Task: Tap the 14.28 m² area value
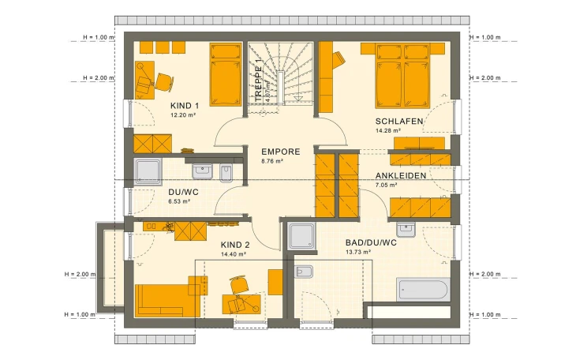[388, 130]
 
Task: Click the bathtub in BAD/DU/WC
[423, 291]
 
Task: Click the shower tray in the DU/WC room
[148, 171]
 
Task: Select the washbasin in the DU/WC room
[202, 169]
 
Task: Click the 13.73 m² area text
[358, 252]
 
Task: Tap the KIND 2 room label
[235, 246]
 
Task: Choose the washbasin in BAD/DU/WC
[406, 230]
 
